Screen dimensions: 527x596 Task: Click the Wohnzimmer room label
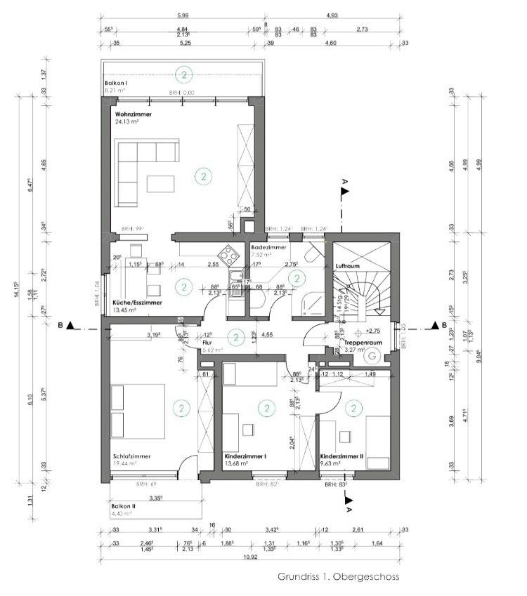pos(134,113)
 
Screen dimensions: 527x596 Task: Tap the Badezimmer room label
pos(267,248)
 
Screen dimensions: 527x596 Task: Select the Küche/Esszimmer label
pos(137,303)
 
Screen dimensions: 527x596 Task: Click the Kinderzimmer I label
pos(245,455)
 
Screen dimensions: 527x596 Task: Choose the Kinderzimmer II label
pos(341,455)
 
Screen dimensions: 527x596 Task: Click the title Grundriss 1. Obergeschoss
pos(338,577)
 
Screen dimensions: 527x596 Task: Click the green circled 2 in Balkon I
pos(183,74)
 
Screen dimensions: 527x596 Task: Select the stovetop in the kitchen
pos(227,255)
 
